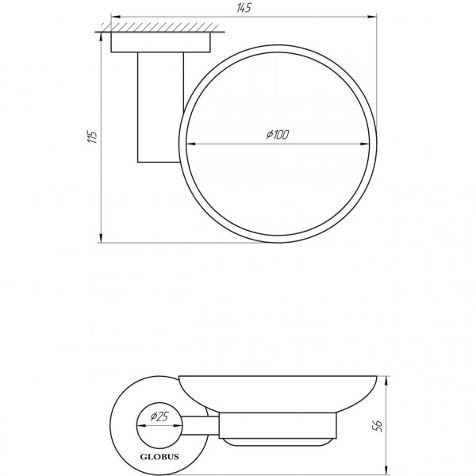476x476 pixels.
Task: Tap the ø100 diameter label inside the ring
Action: pos(278,136)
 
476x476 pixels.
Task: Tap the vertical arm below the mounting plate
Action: pos(158,108)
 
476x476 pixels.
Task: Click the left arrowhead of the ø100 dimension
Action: pos(190,144)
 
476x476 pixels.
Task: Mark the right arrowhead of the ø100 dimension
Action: pos(370,144)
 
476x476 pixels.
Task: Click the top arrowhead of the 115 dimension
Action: pos(101,36)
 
